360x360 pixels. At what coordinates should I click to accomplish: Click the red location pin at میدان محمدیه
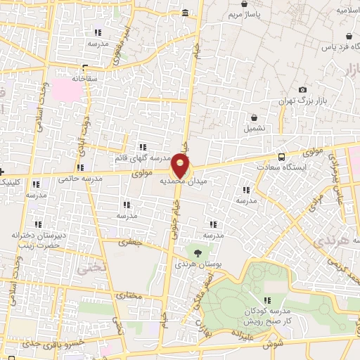181,167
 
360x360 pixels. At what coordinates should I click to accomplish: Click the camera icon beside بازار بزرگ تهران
302,89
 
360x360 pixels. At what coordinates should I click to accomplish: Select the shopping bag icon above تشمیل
254,117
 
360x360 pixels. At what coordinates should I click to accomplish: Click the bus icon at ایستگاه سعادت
282,157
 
